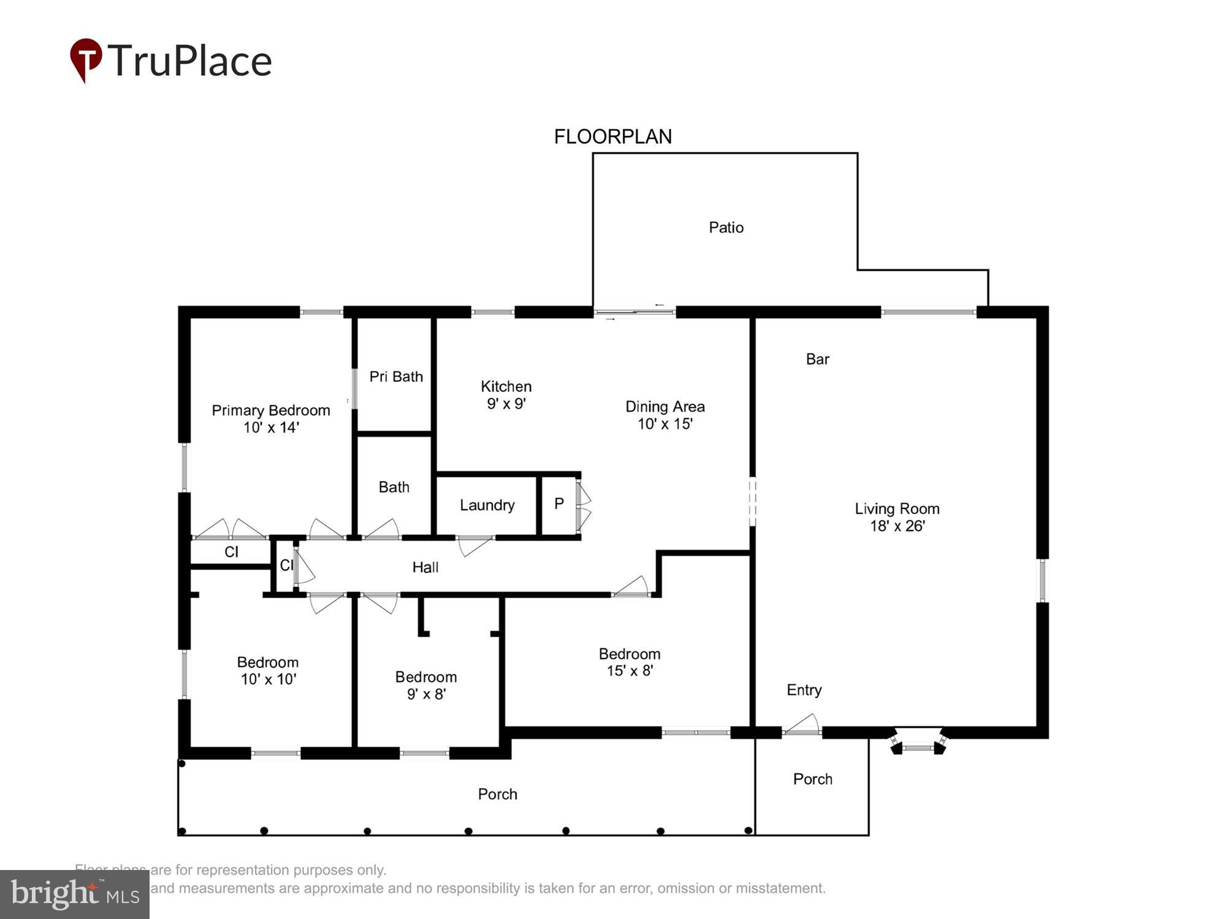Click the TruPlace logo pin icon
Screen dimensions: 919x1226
[85, 59]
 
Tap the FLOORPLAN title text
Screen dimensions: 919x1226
[612, 137]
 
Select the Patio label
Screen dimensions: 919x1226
[726, 228]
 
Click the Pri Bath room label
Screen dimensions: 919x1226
[396, 377]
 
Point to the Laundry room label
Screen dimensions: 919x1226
[487, 505]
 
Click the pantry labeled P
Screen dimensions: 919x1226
[558, 504]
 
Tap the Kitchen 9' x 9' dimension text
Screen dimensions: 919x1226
[506, 404]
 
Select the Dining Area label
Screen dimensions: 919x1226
[664, 407]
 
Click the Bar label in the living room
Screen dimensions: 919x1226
[817, 360]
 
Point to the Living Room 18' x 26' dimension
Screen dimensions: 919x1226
[897, 526]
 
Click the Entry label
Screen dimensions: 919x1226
[804, 690]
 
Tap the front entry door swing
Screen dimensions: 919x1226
[802, 725]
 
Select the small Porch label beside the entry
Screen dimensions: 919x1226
[812, 779]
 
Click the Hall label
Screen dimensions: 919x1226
[425, 568]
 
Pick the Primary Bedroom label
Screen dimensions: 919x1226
[270, 410]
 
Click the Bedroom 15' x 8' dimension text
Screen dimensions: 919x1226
[630, 671]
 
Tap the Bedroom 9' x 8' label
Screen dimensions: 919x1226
[426, 686]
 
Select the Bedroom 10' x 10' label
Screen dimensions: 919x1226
[268, 671]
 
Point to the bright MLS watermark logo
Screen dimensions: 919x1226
[75, 894]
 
